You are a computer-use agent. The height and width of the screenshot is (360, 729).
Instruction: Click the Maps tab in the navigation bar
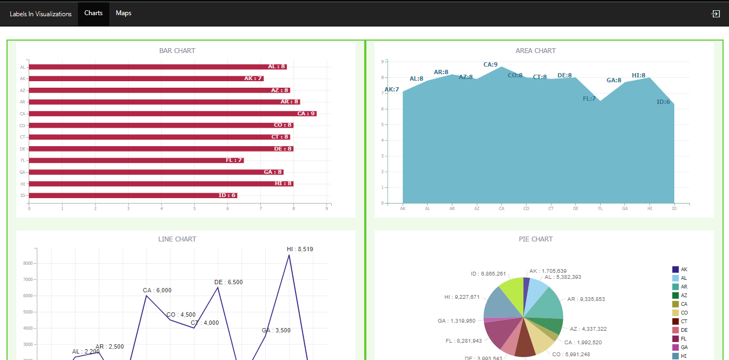tap(123, 13)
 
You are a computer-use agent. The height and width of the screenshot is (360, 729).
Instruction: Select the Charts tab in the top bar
tap(93, 13)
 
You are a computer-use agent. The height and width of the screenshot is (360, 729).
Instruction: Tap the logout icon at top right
tap(715, 14)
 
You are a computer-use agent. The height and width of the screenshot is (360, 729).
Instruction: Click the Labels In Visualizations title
tap(41, 14)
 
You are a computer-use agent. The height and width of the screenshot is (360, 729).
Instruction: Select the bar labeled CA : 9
tap(172, 114)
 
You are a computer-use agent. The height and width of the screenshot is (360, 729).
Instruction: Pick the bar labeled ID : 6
tap(133, 195)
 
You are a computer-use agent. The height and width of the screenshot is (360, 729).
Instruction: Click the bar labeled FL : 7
tap(136, 160)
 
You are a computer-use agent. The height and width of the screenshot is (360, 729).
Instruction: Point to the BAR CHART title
tap(177, 51)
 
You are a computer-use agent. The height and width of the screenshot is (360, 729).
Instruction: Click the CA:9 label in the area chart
tap(490, 65)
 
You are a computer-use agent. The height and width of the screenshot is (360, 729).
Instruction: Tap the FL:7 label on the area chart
tap(589, 99)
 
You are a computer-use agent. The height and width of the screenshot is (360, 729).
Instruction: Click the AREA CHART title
tap(535, 51)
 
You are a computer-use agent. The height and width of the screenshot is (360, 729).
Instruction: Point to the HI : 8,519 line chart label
tap(300, 250)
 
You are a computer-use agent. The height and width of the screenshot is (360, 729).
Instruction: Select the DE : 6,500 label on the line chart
tap(228, 283)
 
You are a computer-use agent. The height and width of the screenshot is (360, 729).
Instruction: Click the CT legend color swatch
tap(675, 322)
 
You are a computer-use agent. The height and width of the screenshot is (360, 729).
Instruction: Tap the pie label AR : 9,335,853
tap(586, 299)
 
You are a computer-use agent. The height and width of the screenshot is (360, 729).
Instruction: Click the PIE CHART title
tap(535, 239)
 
